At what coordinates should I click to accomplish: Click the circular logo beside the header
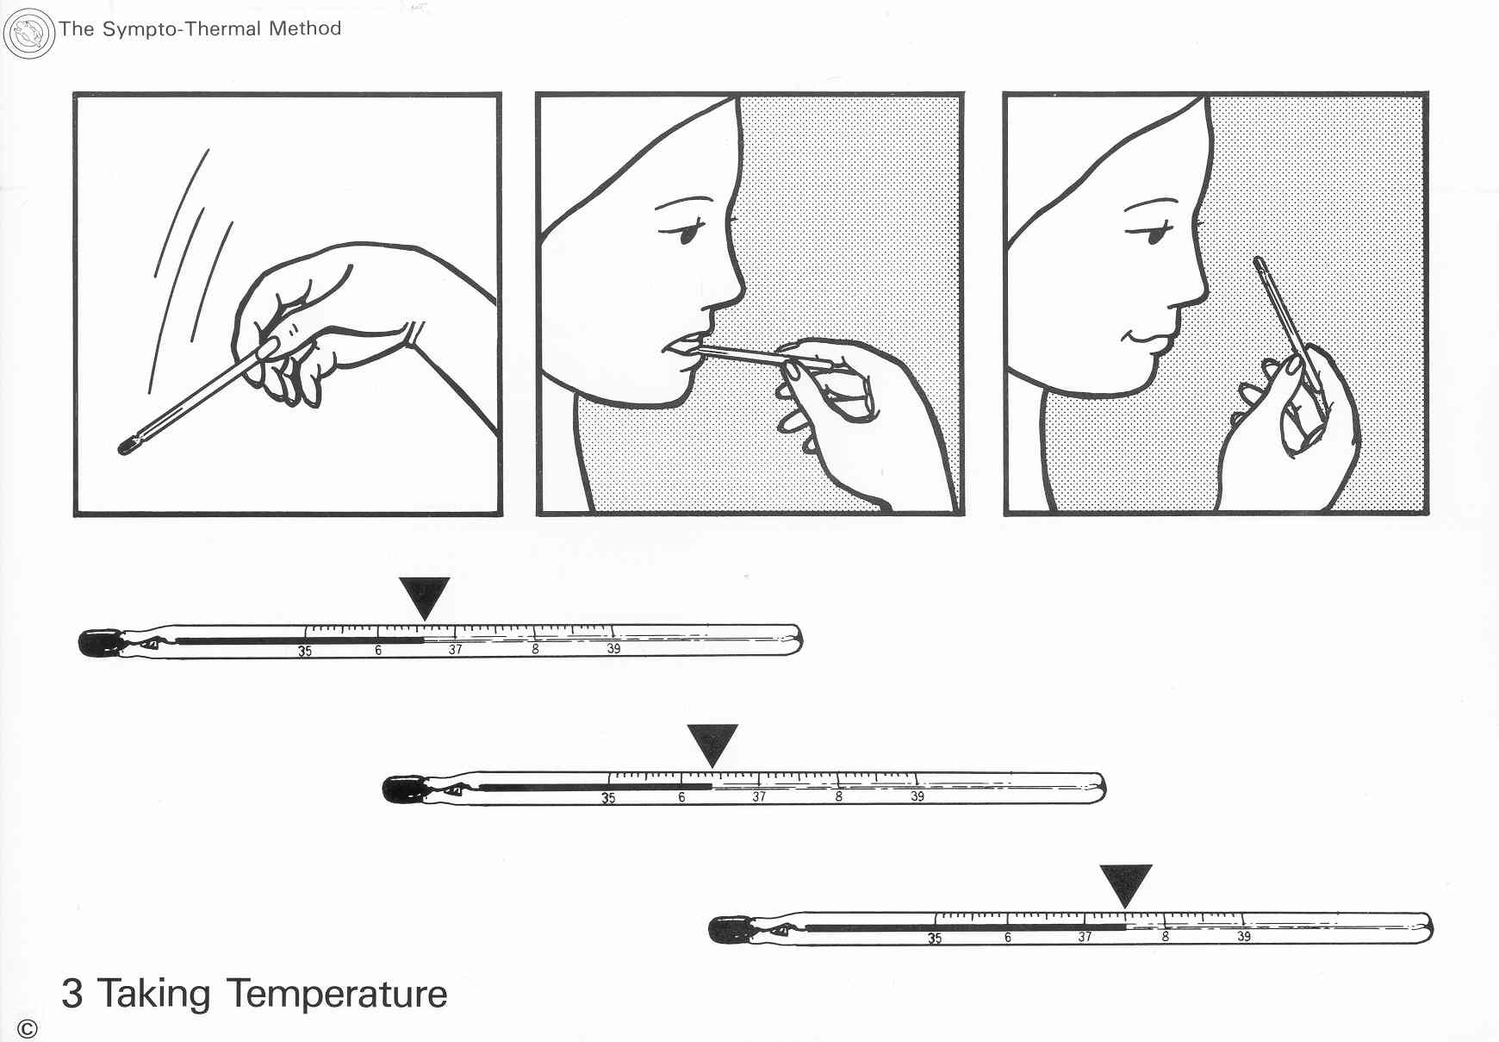[x=29, y=34]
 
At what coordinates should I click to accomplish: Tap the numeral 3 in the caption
[x=72, y=994]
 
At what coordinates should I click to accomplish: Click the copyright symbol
[x=28, y=1028]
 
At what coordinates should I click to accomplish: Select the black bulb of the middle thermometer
[x=402, y=789]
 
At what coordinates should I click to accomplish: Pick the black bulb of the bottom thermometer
[x=729, y=930]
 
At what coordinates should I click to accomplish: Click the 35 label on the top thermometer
[x=305, y=652]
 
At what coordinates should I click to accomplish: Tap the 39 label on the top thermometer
[x=613, y=648]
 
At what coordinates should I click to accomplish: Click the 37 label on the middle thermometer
[x=759, y=796]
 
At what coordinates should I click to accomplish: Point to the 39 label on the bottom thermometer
[x=1244, y=936]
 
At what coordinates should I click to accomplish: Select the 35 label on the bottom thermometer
[x=935, y=938]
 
